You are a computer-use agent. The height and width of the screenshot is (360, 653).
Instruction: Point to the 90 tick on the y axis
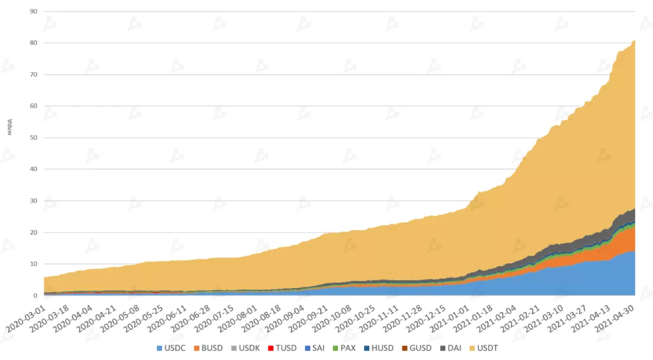tap(34, 11)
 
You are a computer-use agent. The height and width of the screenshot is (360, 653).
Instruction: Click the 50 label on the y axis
tap(34, 138)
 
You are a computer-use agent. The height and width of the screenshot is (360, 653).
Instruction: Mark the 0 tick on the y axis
tap(36, 296)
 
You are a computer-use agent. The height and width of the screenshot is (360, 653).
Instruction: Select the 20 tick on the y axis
tap(34, 232)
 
